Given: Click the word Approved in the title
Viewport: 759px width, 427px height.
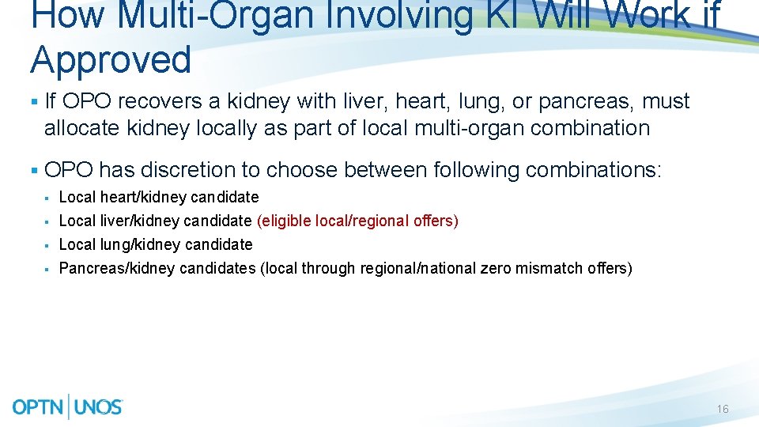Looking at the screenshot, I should tap(111, 59).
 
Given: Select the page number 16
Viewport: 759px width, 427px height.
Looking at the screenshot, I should tap(722, 409).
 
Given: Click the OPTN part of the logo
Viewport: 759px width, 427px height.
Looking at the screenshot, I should tap(39, 407).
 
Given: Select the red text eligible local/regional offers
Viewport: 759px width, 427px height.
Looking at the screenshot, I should tap(357, 221).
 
